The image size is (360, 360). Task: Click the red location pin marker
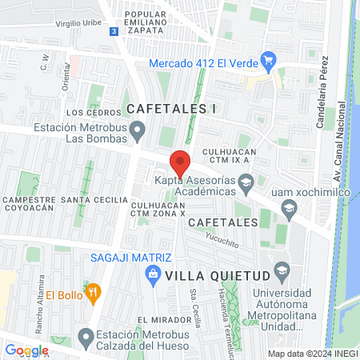point(180,164)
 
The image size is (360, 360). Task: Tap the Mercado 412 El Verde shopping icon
point(269,58)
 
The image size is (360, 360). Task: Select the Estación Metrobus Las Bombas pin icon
point(138,129)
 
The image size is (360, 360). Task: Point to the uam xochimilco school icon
point(289,209)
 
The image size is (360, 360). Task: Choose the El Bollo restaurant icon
point(94,293)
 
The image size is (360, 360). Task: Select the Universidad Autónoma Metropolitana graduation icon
point(281,269)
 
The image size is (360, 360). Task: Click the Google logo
point(27,350)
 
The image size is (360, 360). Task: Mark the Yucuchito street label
point(222,238)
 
